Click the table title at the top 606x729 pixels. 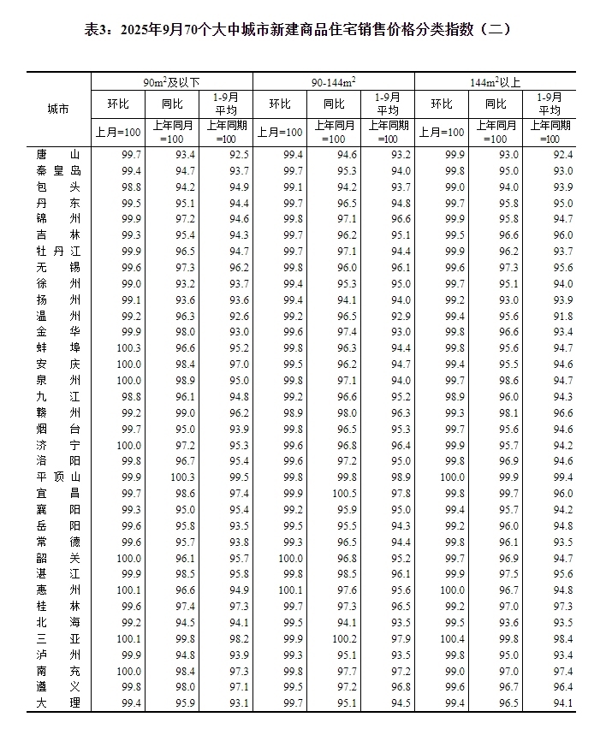(303, 29)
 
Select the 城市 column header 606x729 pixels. (58, 109)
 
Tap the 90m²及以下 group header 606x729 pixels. (171, 81)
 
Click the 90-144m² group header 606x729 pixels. (333, 81)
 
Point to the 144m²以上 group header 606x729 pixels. (496, 81)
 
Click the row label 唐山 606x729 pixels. (58, 155)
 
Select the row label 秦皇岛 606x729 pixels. (58, 170)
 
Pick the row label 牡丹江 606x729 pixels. (58, 251)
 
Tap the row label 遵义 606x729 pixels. (58, 686)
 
